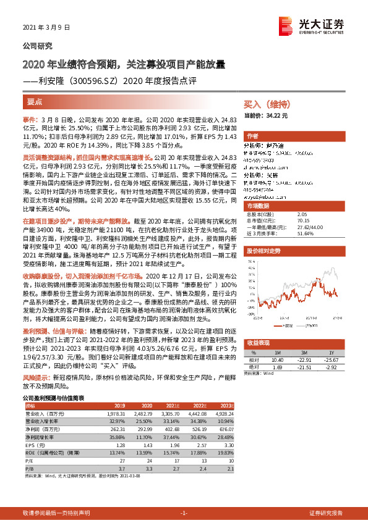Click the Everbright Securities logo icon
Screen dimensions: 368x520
click(285, 23)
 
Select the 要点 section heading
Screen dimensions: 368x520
click(35, 101)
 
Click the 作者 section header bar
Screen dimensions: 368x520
click(252, 136)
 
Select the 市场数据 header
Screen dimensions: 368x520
click(259, 205)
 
